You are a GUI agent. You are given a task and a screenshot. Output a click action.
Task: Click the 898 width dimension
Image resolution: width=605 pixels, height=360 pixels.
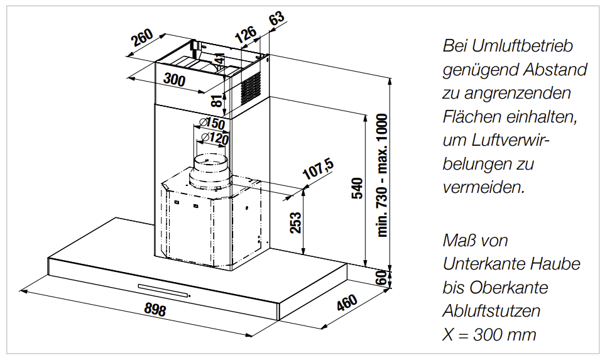(155, 309)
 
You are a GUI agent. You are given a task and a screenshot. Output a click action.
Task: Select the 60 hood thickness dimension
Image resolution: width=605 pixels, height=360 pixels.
(381, 278)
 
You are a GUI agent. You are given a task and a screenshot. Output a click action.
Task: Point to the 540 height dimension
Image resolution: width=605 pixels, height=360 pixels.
(357, 188)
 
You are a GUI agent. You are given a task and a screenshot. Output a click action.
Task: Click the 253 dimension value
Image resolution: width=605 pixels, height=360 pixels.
(295, 222)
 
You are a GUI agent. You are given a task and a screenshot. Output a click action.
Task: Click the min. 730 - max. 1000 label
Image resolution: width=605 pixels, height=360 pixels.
(382, 175)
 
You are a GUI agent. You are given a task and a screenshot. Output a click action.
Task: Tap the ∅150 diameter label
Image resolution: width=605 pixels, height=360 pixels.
(212, 123)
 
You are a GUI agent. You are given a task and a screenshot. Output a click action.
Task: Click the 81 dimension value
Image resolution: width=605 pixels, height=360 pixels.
(217, 101)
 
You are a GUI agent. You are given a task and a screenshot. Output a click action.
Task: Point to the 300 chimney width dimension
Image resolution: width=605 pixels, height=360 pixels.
(175, 79)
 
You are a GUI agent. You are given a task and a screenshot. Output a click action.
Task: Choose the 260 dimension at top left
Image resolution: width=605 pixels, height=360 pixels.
(142, 38)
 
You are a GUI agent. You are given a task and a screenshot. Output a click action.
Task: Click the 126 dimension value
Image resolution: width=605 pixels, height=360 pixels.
(246, 34)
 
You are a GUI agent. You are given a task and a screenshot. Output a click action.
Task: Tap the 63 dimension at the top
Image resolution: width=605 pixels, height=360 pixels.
(276, 18)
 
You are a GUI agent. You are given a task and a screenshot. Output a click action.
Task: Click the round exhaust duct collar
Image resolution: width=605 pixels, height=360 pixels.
(209, 173)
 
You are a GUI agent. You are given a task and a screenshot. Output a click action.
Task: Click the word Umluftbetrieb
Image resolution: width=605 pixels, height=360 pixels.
(522, 46)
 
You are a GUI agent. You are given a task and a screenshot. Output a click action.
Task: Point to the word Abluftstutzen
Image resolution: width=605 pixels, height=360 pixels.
(491, 311)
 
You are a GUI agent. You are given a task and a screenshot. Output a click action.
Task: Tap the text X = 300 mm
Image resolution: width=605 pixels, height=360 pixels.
(489, 334)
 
